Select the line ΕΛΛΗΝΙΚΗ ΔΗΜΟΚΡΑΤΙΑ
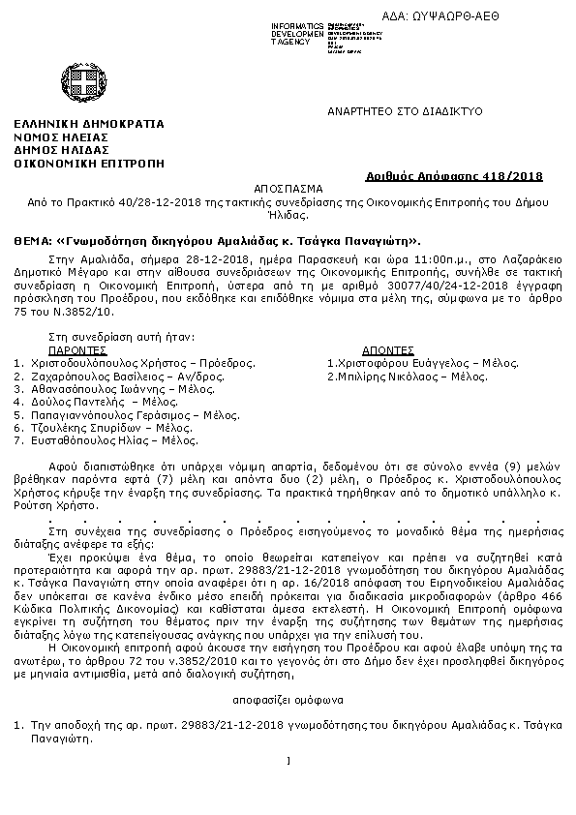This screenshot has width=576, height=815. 89,124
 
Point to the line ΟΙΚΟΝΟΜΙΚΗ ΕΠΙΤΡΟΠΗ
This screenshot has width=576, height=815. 89,164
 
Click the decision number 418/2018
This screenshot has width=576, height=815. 518,176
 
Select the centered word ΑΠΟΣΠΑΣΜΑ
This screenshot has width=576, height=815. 288,190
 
